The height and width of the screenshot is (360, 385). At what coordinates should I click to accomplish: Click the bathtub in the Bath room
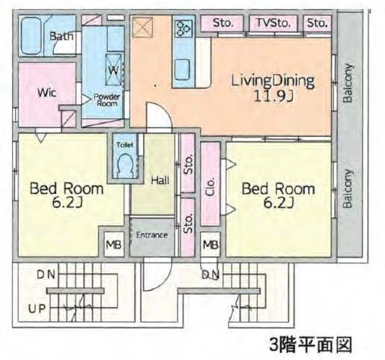coord(31,36)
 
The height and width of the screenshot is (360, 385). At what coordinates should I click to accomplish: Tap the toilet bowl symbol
coord(126,165)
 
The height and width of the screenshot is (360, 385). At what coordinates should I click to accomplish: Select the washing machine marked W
coord(114,70)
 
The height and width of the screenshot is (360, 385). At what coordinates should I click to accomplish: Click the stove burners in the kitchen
coord(184,28)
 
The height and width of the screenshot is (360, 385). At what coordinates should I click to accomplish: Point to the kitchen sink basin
coord(181,70)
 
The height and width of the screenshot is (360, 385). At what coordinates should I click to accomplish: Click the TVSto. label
coord(273,23)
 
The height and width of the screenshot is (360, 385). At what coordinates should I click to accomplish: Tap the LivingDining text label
coord(273,81)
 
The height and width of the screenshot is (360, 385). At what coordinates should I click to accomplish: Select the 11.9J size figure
coord(273,97)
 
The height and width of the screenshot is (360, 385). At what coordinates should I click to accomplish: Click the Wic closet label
coord(47,93)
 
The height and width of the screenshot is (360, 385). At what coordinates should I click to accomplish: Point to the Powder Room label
coord(106,100)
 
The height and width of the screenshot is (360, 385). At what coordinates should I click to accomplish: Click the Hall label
coord(160,180)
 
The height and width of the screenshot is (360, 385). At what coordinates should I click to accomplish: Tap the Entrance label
coord(152,235)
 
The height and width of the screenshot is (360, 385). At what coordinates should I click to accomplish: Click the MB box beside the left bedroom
coord(114,245)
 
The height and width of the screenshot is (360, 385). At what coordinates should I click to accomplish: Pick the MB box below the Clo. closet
coord(210,245)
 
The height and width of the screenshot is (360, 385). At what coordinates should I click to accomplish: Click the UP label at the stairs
coord(37,309)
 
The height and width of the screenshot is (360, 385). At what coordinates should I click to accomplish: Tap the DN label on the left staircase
coord(46,275)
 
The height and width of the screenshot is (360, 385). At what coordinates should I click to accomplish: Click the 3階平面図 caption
coord(311,345)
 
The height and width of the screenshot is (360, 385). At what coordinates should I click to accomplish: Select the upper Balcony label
coord(348,83)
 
